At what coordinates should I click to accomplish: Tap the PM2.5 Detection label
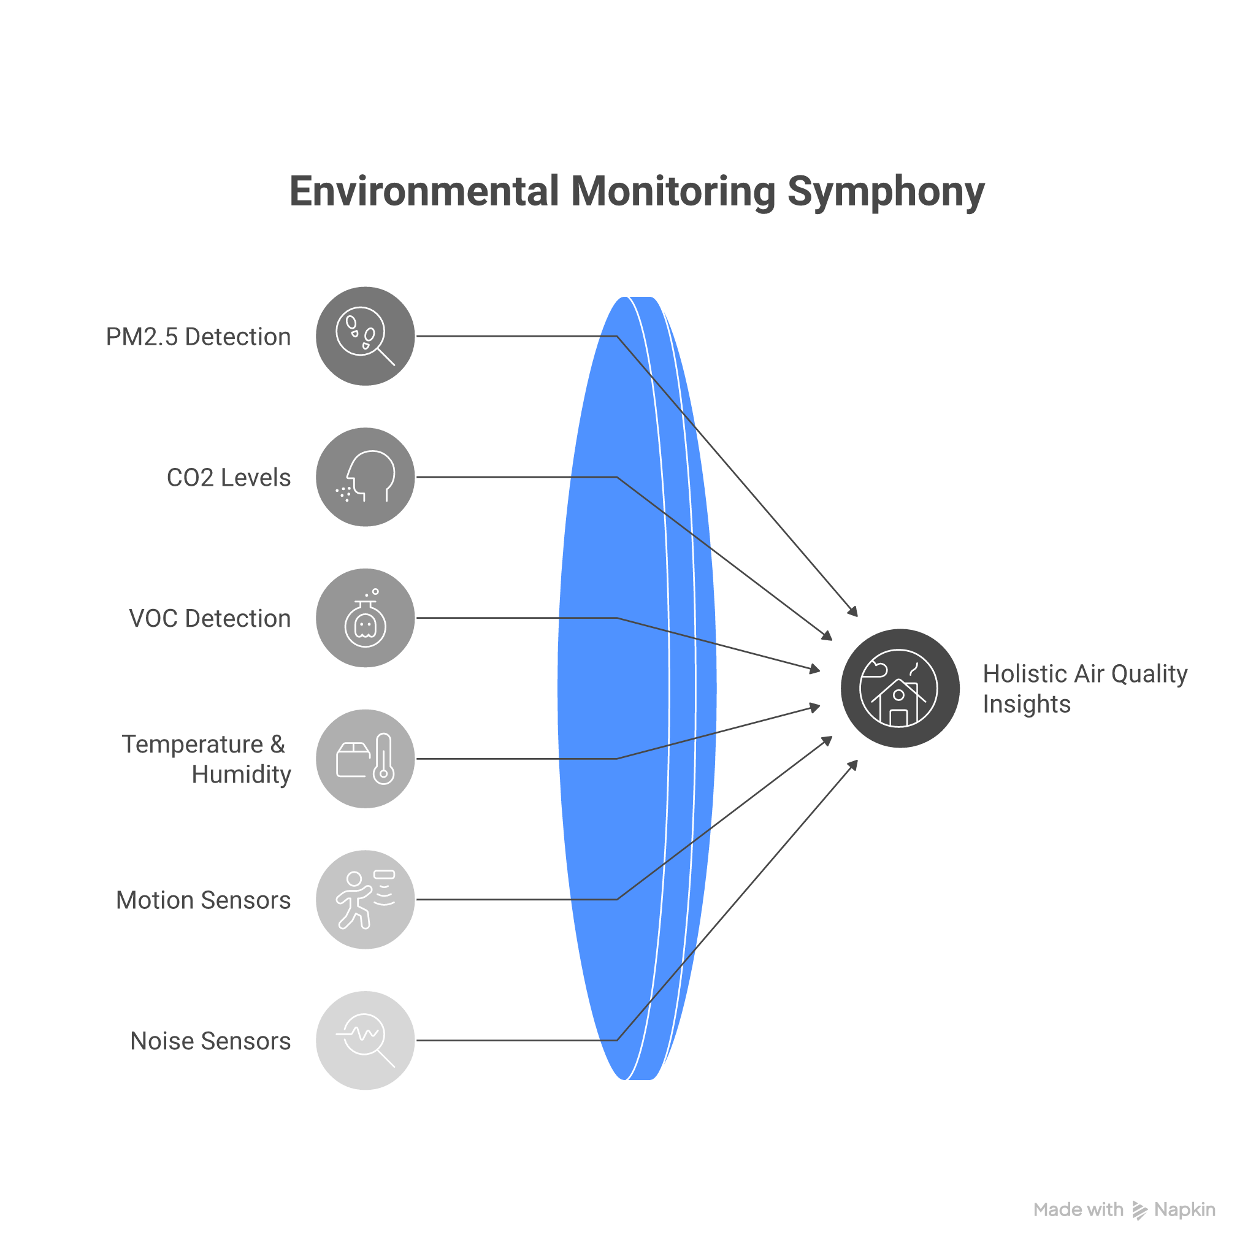pyautogui.click(x=198, y=337)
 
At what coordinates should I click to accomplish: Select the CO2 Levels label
pyautogui.click(x=229, y=478)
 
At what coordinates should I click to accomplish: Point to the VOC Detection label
pyautogui.click(x=210, y=619)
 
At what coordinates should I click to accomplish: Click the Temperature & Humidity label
pyautogui.click(x=206, y=759)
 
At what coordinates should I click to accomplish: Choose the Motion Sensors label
pyautogui.click(x=204, y=900)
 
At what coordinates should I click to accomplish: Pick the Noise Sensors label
pyautogui.click(x=210, y=1041)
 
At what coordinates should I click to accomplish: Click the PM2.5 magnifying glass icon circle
pyautogui.click(x=366, y=336)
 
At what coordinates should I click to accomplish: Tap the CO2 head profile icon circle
pyautogui.click(x=366, y=477)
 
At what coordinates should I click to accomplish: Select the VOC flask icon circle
pyautogui.click(x=366, y=618)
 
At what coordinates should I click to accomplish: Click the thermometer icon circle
pyautogui.click(x=366, y=759)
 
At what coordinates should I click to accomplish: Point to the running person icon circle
pyautogui.click(x=366, y=900)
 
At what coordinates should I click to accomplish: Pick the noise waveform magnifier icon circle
pyautogui.click(x=366, y=1040)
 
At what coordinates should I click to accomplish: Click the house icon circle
pyautogui.click(x=900, y=689)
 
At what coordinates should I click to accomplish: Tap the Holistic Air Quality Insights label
pyautogui.click(x=1084, y=689)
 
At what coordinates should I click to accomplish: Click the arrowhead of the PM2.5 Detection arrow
pyautogui.click(x=854, y=611)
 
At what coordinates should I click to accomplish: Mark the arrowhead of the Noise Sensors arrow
pyautogui.click(x=854, y=765)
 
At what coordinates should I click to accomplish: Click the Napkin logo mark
pyautogui.click(x=1139, y=1211)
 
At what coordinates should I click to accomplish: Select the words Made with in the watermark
pyautogui.click(x=1079, y=1210)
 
